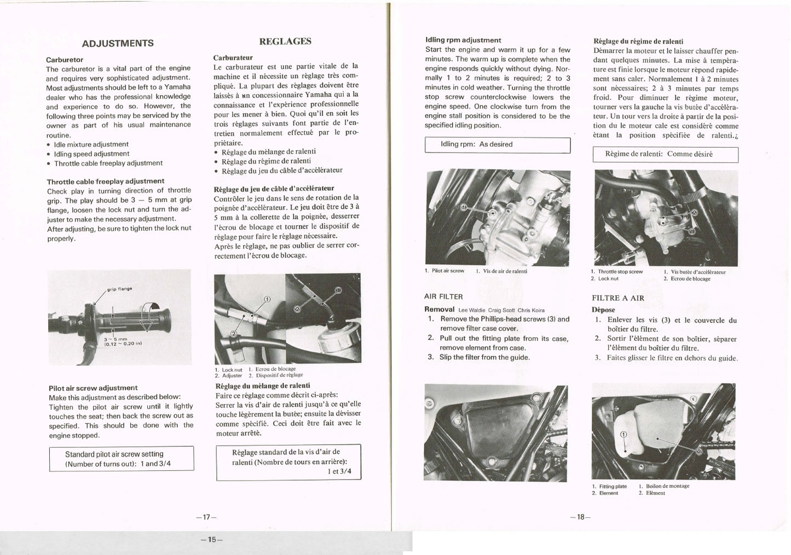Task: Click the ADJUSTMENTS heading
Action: (x=118, y=43)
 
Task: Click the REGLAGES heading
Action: (x=285, y=41)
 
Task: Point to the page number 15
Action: (x=211, y=540)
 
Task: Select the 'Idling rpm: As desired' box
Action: (x=498, y=145)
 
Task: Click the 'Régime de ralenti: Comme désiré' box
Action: (x=665, y=154)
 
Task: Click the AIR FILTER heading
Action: (x=443, y=296)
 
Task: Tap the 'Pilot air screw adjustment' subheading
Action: (x=93, y=388)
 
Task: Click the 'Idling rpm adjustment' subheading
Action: (x=463, y=40)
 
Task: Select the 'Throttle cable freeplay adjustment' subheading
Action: (x=106, y=181)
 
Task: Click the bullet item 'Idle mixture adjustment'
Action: (x=91, y=144)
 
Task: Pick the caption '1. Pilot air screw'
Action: (x=444, y=271)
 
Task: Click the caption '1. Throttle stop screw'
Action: (x=617, y=271)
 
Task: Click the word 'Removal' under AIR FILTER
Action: (x=439, y=309)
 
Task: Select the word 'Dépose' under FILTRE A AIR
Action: (x=603, y=309)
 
